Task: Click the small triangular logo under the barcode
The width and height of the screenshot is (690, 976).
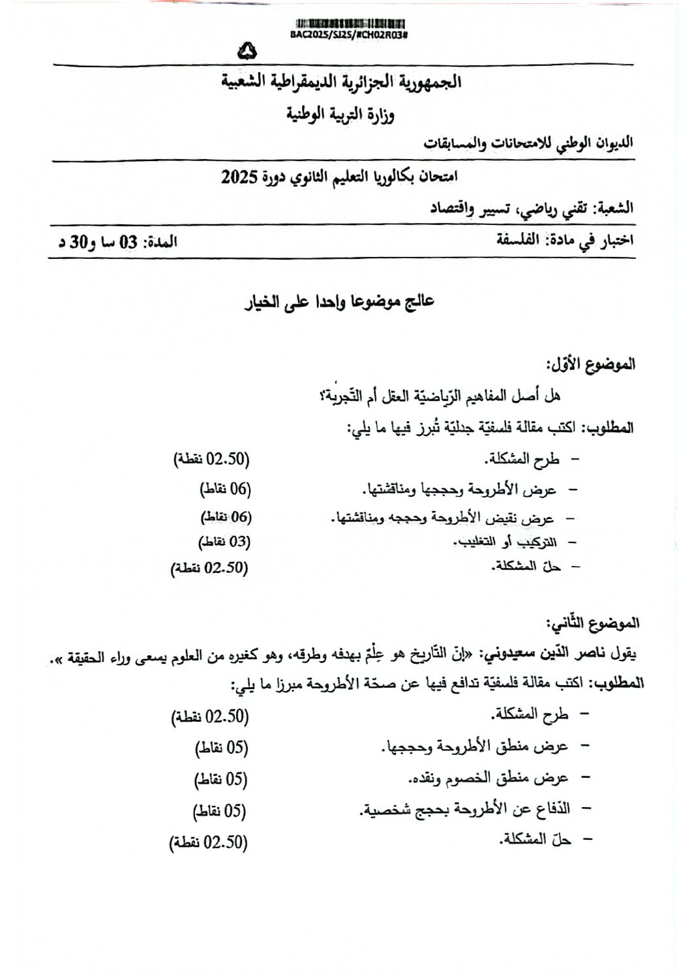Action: [248, 50]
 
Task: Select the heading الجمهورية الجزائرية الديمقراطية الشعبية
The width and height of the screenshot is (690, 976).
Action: [341, 83]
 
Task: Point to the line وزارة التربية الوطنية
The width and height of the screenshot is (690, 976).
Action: [341, 115]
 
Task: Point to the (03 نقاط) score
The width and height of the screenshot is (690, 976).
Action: [224, 541]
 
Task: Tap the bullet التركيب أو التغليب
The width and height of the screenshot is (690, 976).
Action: [505, 541]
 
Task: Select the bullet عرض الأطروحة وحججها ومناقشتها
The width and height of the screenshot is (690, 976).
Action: [460, 488]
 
